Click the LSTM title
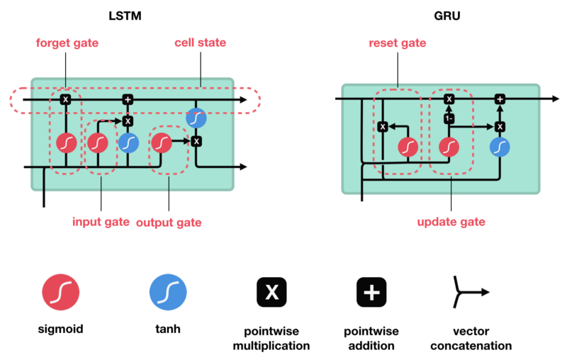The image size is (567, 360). [129, 13]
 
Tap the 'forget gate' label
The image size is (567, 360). [68, 43]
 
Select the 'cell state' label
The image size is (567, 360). [201, 43]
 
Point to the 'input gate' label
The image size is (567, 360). [101, 222]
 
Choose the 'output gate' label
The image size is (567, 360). [169, 223]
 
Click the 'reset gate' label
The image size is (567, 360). [398, 43]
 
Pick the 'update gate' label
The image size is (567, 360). [451, 222]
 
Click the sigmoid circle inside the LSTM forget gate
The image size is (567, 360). [66, 143]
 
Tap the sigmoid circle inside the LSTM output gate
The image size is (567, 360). [162, 143]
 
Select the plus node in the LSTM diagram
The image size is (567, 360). [128, 99]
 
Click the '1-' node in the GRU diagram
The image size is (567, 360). [449, 119]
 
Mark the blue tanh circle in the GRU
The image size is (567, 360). [500, 147]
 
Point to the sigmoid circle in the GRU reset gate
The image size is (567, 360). [408, 147]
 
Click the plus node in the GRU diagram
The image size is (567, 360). [500, 99]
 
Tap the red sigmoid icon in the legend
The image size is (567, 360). [61, 292]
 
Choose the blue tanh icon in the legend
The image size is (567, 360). [168, 292]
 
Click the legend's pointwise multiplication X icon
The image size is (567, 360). [271, 292]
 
